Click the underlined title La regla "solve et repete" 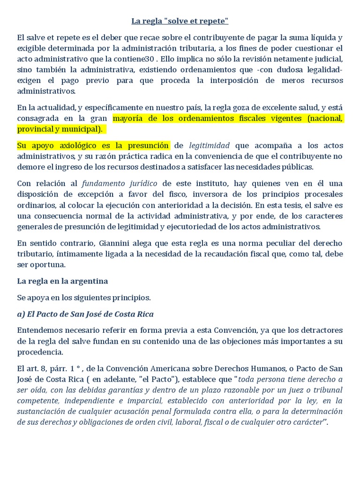(x=180, y=21)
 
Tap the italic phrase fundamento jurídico (x=120, y=183)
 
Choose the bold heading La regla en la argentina (x=62, y=281)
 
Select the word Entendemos (x=39, y=330)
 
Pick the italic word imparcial (x=141, y=401)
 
